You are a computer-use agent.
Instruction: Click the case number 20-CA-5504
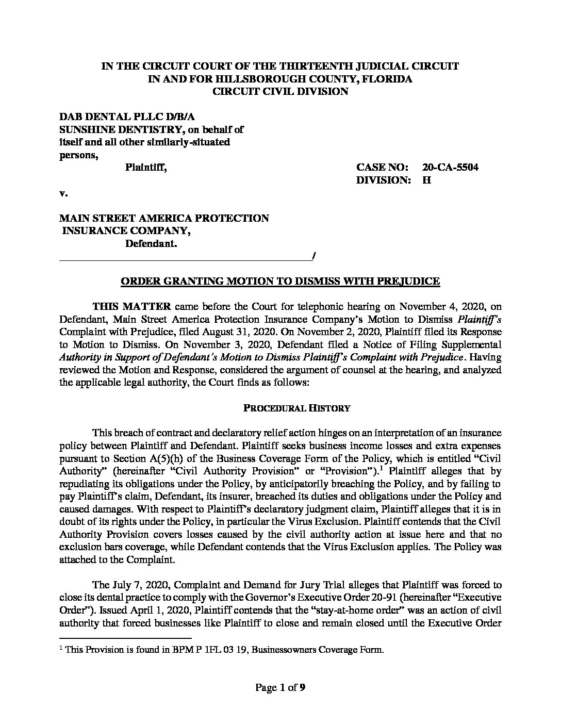point(450,168)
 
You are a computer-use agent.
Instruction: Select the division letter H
point(426,180)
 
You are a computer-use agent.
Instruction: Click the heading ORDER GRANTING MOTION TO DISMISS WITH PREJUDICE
point(280,281)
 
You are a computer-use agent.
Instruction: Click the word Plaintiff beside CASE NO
point(146,168)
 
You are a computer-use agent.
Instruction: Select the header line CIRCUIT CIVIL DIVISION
point(280,92)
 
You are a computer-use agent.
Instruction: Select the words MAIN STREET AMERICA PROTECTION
point(164,218)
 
